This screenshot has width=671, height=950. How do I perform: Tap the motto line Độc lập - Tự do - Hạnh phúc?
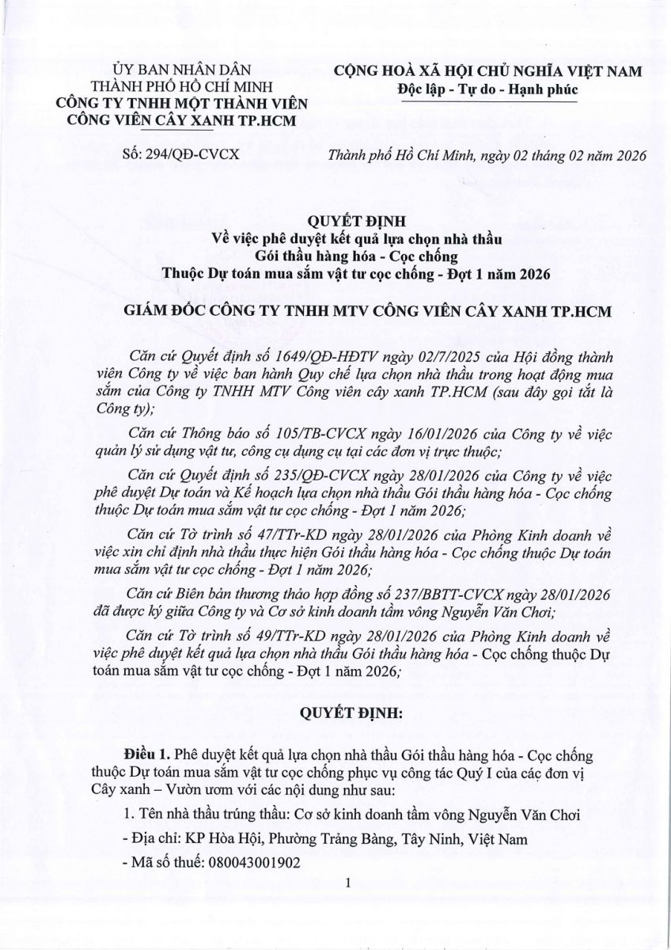(487, 89)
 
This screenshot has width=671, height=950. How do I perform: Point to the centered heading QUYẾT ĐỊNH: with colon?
(335, 712)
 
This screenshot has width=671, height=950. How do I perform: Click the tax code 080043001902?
(243, 863)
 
